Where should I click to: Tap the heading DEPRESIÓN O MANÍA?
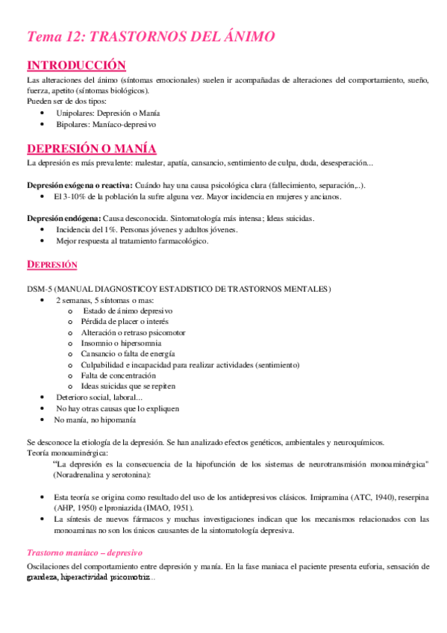pos(101,147)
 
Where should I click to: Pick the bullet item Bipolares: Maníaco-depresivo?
pos(105,124)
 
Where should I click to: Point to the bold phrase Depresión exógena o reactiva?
pos(79,184)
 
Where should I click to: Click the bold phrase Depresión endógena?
pos(60,219)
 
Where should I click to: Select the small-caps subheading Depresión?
pos(52,266)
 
